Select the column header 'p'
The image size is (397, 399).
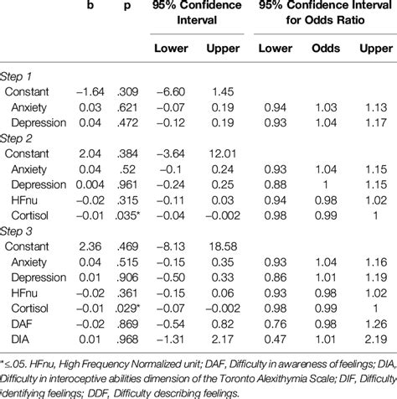pyautogui.click(x=127, y=7)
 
